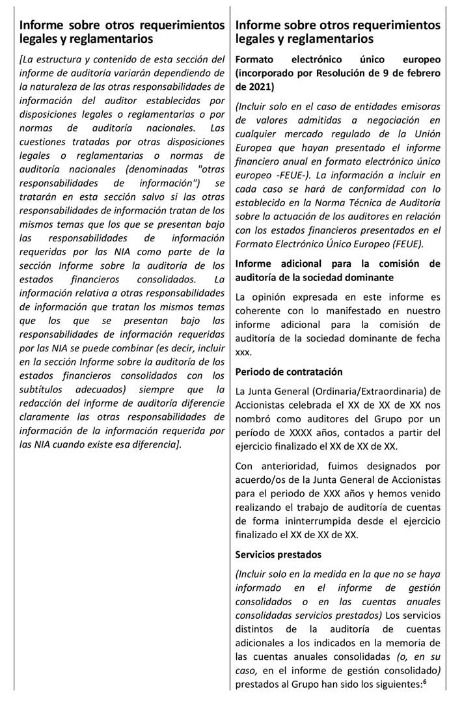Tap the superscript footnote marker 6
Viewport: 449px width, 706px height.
(x=424, y=683)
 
